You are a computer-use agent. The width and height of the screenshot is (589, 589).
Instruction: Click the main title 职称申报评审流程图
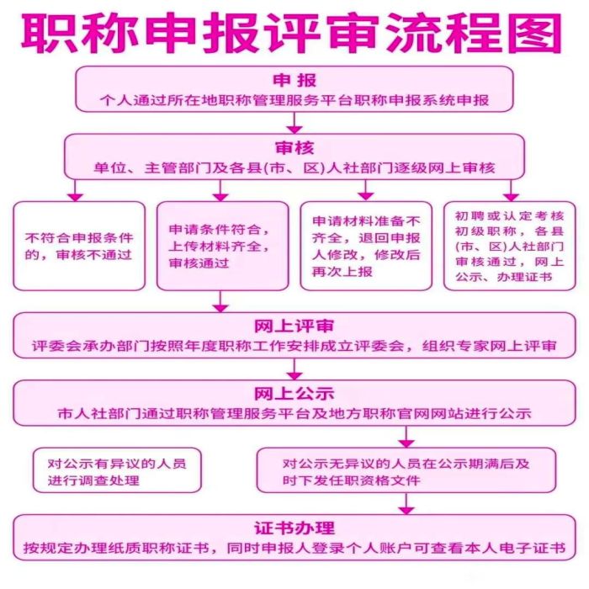[291, 33]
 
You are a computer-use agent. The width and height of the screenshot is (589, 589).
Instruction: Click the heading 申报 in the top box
[294, 80]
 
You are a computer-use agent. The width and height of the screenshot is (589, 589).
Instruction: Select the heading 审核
[294, 147]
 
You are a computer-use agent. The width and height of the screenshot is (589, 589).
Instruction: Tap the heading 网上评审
[294, 326]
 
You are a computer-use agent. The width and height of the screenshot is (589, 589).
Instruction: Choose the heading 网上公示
[294, 394]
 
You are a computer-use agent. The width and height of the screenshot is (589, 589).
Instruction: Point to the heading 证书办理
[294, 528]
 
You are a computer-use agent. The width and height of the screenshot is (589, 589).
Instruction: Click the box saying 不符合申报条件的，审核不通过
[79, 246]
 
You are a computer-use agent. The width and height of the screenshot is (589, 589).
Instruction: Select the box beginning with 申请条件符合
[223, 246]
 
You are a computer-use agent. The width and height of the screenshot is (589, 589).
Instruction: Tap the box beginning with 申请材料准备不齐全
[366, 246]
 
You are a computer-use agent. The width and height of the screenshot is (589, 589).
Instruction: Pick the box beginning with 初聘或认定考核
[510, 246]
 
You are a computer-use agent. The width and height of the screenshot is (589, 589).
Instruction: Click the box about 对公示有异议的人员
[117, 470]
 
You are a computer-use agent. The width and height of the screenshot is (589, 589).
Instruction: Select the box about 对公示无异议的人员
[406, 470]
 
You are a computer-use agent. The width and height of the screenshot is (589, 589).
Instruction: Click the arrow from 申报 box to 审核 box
[294, 123]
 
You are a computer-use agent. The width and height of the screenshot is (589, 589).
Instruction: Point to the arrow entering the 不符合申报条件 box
[76, 190]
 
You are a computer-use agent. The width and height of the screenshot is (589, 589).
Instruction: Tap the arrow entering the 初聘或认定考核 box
[511, 190]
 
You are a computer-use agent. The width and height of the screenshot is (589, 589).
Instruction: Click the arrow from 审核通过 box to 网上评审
[220, 301]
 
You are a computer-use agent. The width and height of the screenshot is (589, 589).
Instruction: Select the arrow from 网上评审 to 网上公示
[294, 369]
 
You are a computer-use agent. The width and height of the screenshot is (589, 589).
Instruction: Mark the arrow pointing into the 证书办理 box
[406, 503]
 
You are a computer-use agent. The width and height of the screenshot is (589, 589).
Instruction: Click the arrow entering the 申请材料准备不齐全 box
[365, 190]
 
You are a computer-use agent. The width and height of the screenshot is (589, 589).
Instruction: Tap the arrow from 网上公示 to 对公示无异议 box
[406, 437]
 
